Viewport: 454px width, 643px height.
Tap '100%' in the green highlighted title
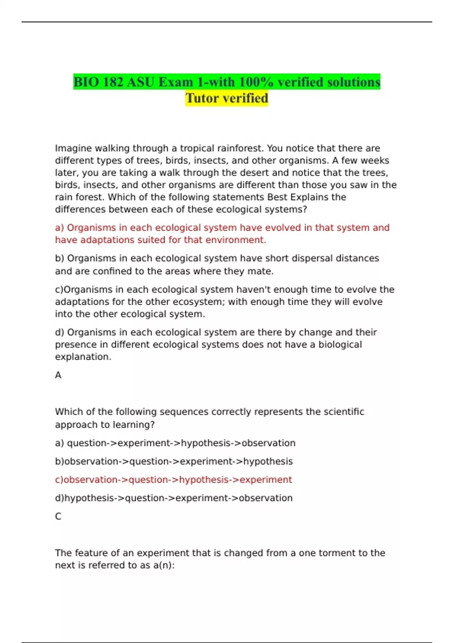[256, 82]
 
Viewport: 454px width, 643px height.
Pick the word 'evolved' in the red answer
[282, 228]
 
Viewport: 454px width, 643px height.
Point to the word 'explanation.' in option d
[83, 357]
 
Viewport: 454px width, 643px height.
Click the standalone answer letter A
[58, 375]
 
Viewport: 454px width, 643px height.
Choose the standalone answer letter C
[58, 516]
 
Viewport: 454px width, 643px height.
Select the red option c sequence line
[174, 480]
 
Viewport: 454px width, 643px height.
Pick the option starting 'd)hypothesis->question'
[174, 498]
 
